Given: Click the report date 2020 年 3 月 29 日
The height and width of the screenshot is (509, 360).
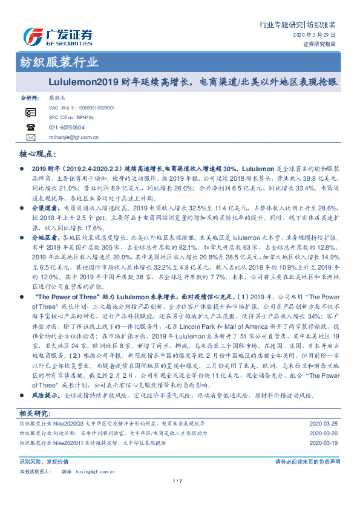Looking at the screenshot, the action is [316, 36].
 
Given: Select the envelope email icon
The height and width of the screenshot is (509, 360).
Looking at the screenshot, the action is [31, 138].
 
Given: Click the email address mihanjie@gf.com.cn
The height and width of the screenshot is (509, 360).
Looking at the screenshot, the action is [74, 138].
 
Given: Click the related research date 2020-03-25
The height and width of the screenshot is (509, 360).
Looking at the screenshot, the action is [326, 424].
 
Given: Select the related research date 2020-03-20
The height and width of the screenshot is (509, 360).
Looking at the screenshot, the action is [326, 433].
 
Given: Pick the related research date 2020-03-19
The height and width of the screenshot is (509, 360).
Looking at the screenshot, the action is [326, 443].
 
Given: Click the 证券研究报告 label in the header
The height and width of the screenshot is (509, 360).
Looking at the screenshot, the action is [320, 45].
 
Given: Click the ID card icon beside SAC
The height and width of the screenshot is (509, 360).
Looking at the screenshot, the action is [31, 113].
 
